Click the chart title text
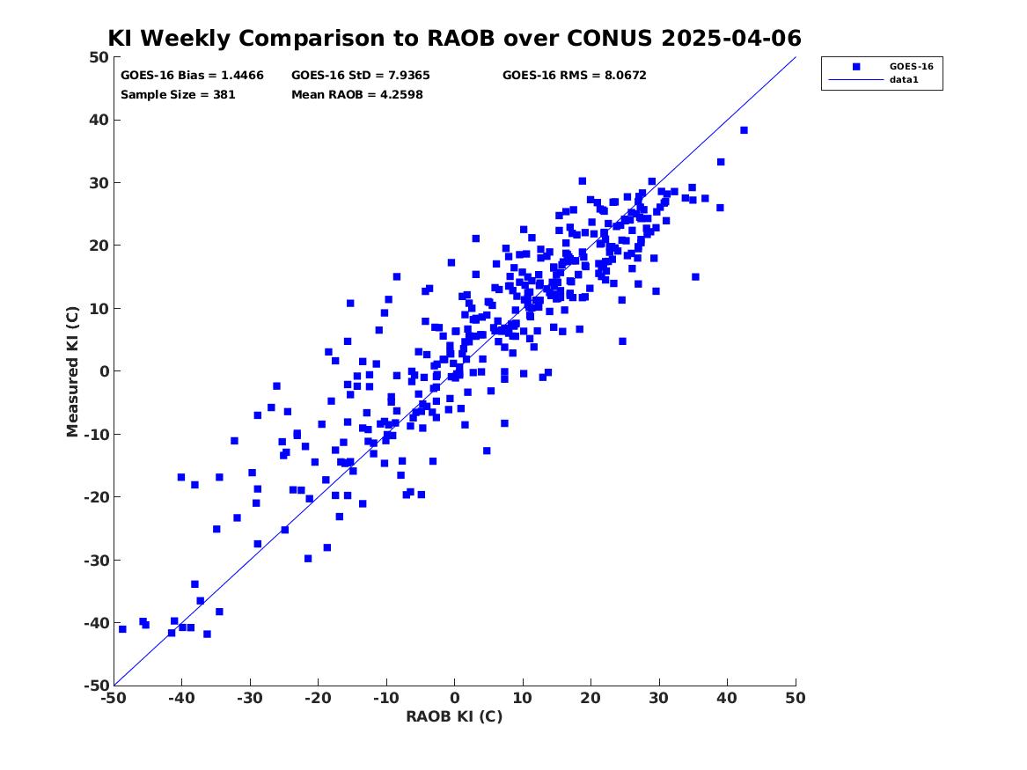pyautogui.click(x=454, y=38)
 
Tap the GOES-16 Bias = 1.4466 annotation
pyautogui.click(x=192, y=76)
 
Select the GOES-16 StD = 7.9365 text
pyautogui.click(x=360, y=76)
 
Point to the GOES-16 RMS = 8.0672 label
pyautogui.click(x=575, y=76)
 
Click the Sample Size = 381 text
pyautogui.click(x=178, y=94)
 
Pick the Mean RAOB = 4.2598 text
pyautogui.click(x=357, y=94)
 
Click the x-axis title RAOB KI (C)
pyautogui.click(x=454, y=716)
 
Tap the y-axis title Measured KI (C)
pyautogui.click(x=72, y=371)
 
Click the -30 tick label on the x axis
pyautogui.click(x=250, y=698)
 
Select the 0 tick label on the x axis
pyautogui.click(x=455, y=698)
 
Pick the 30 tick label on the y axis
pyautogui.click(x=99, y=183)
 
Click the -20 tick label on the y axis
pyautogui.click(x=96, y=497)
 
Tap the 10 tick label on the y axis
pyautogui.click(x=99, y=308)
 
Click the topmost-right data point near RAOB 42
pyautogui.click(x=744, y=130)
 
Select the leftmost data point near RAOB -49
pyautogui.click(x=122, y=629)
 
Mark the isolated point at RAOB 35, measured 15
pyautogui.click(x=695, y=277)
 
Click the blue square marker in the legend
pyautogui.click(x=856, y=67)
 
